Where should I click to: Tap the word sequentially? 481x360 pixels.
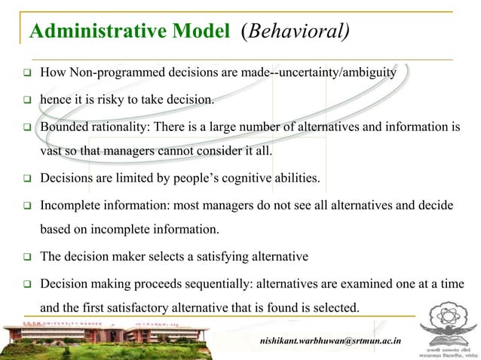tap(212, 285)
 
